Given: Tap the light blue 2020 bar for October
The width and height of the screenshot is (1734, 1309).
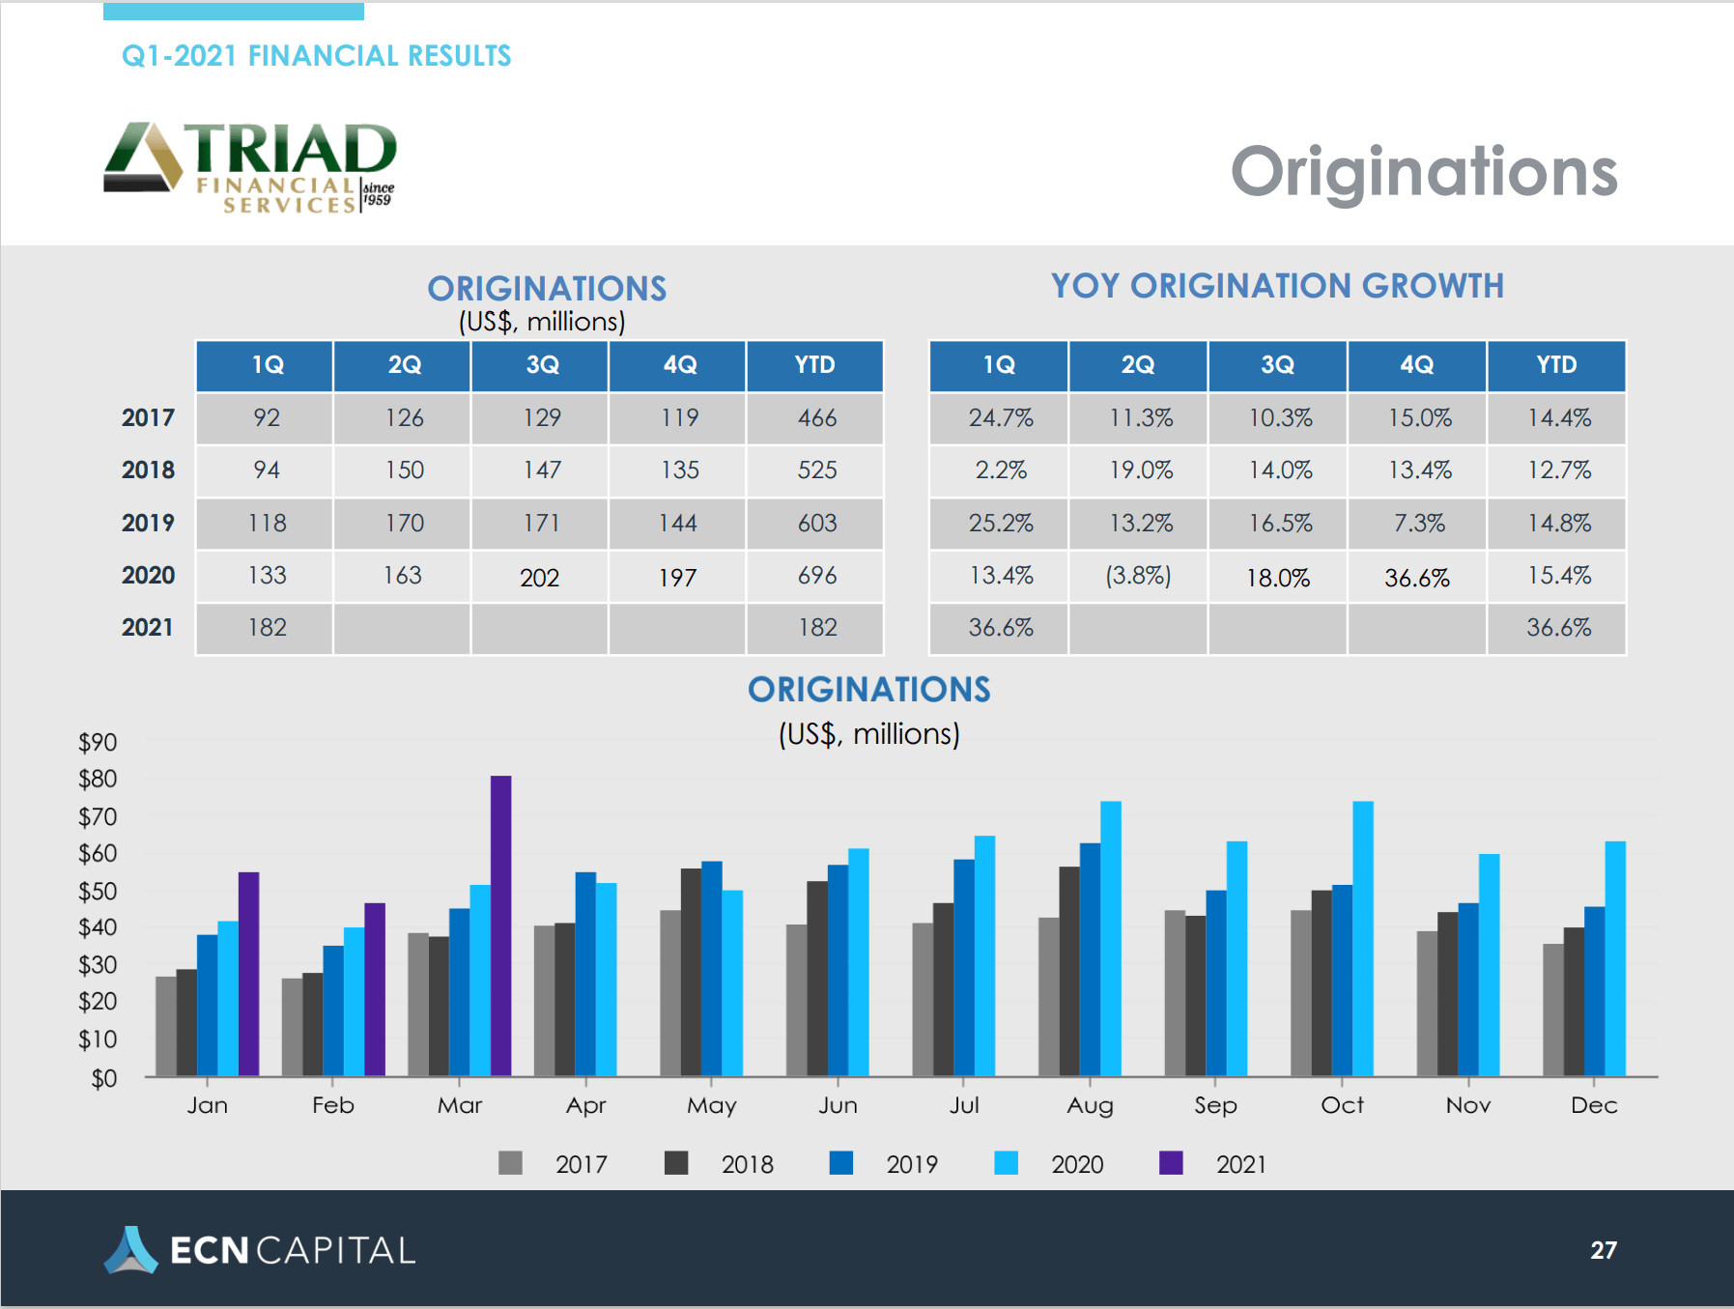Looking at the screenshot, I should [x=1363, y=938].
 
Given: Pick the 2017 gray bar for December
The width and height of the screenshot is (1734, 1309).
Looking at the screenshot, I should [x=1552, y=1010].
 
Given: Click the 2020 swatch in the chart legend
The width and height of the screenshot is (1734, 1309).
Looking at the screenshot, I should [x=1007, y=1163].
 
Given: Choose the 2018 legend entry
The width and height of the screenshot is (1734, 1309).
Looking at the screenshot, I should [x=747, y=1164].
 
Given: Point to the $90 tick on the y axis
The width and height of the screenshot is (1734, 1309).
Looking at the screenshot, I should [x=98, y=742].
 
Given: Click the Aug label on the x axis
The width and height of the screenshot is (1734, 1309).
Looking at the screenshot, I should [x=1090, y=1105].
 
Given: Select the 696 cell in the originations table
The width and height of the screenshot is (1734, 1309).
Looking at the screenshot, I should [x=816, y=576].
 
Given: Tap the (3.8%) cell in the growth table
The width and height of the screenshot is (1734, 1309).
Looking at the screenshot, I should [x=1138, y=576].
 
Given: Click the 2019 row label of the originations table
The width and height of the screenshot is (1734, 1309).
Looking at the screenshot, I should [x=148, y=523].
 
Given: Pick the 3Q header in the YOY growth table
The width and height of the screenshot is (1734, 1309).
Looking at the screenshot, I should [x=1277, y=365].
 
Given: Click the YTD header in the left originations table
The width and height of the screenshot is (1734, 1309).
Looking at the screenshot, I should [x=814, y=365].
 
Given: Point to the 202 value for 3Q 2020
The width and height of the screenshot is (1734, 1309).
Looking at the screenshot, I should [x=540, y=578].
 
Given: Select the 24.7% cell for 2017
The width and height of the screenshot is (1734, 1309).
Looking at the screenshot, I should [x=1000, y=418].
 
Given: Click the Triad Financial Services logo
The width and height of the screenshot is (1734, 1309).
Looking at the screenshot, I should [x=250, y=166].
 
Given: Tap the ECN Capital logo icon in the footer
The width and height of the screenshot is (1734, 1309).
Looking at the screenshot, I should [x=130, y=1250].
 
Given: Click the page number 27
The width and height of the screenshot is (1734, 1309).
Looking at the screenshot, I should [x=1603, y=1250].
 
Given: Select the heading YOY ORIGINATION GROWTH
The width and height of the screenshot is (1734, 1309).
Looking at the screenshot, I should [x=1277, y=286].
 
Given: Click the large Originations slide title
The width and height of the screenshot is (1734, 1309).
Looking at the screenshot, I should [x=1424, y=172].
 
